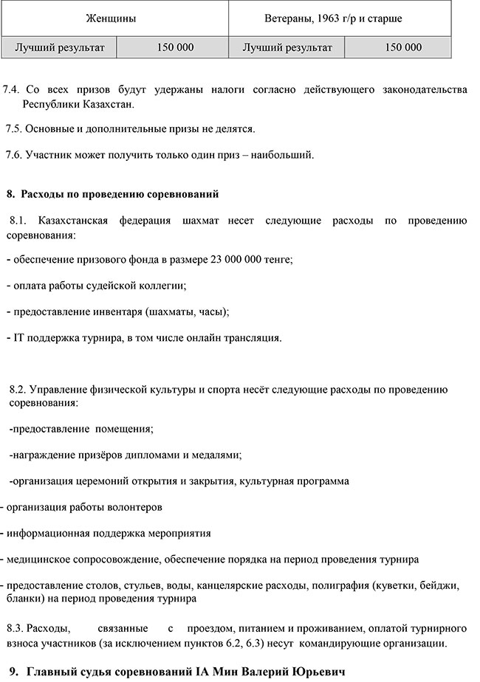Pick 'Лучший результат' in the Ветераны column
click(287, 47)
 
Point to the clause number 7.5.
click(14, 128)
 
